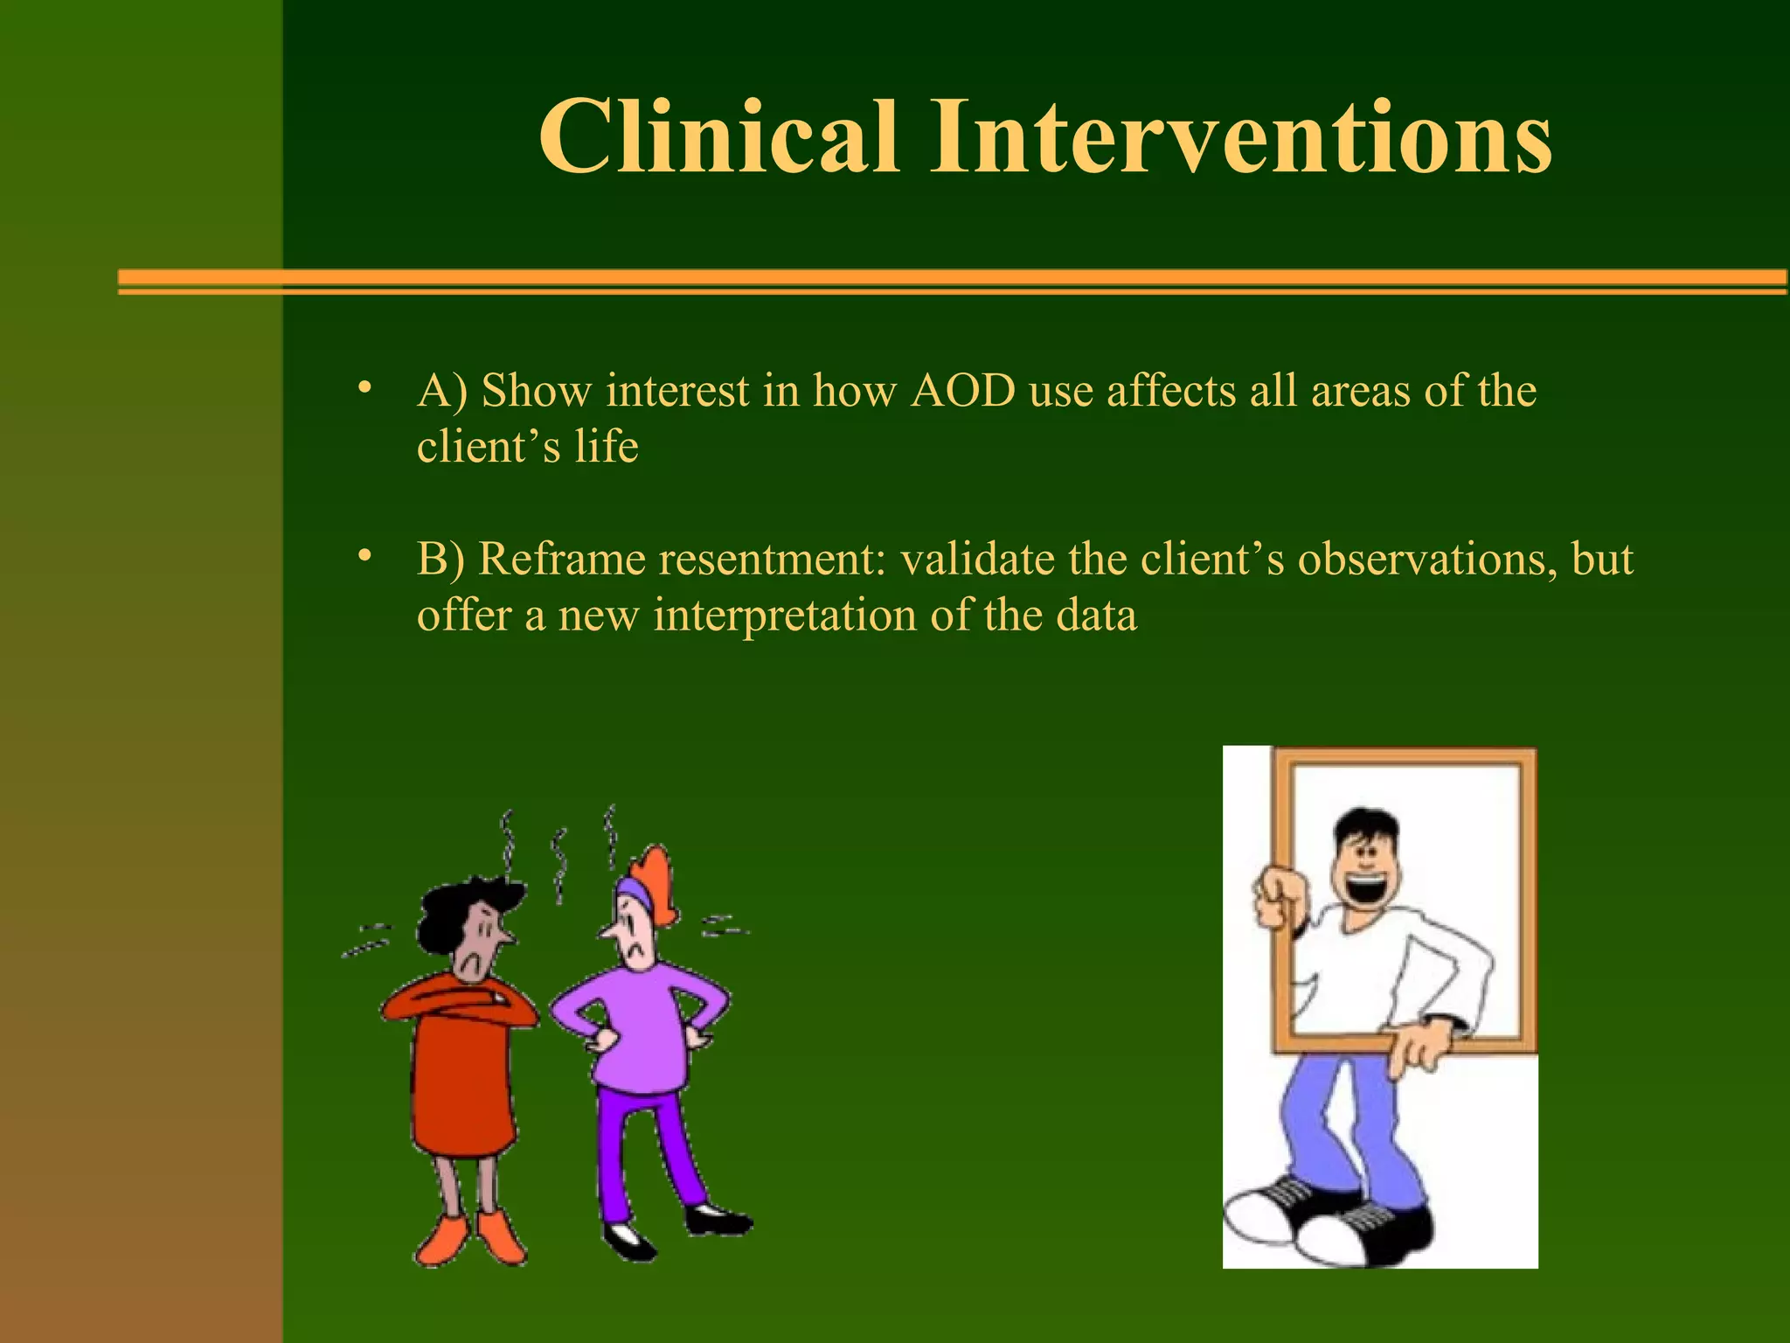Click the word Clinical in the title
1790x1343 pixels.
tap(718, 137)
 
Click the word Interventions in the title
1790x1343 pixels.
tap(1240, 137)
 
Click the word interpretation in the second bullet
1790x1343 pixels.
tap(784, 616)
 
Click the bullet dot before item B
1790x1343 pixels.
tap(364, 555)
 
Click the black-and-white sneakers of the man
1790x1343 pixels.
tap(1329, 1220)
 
